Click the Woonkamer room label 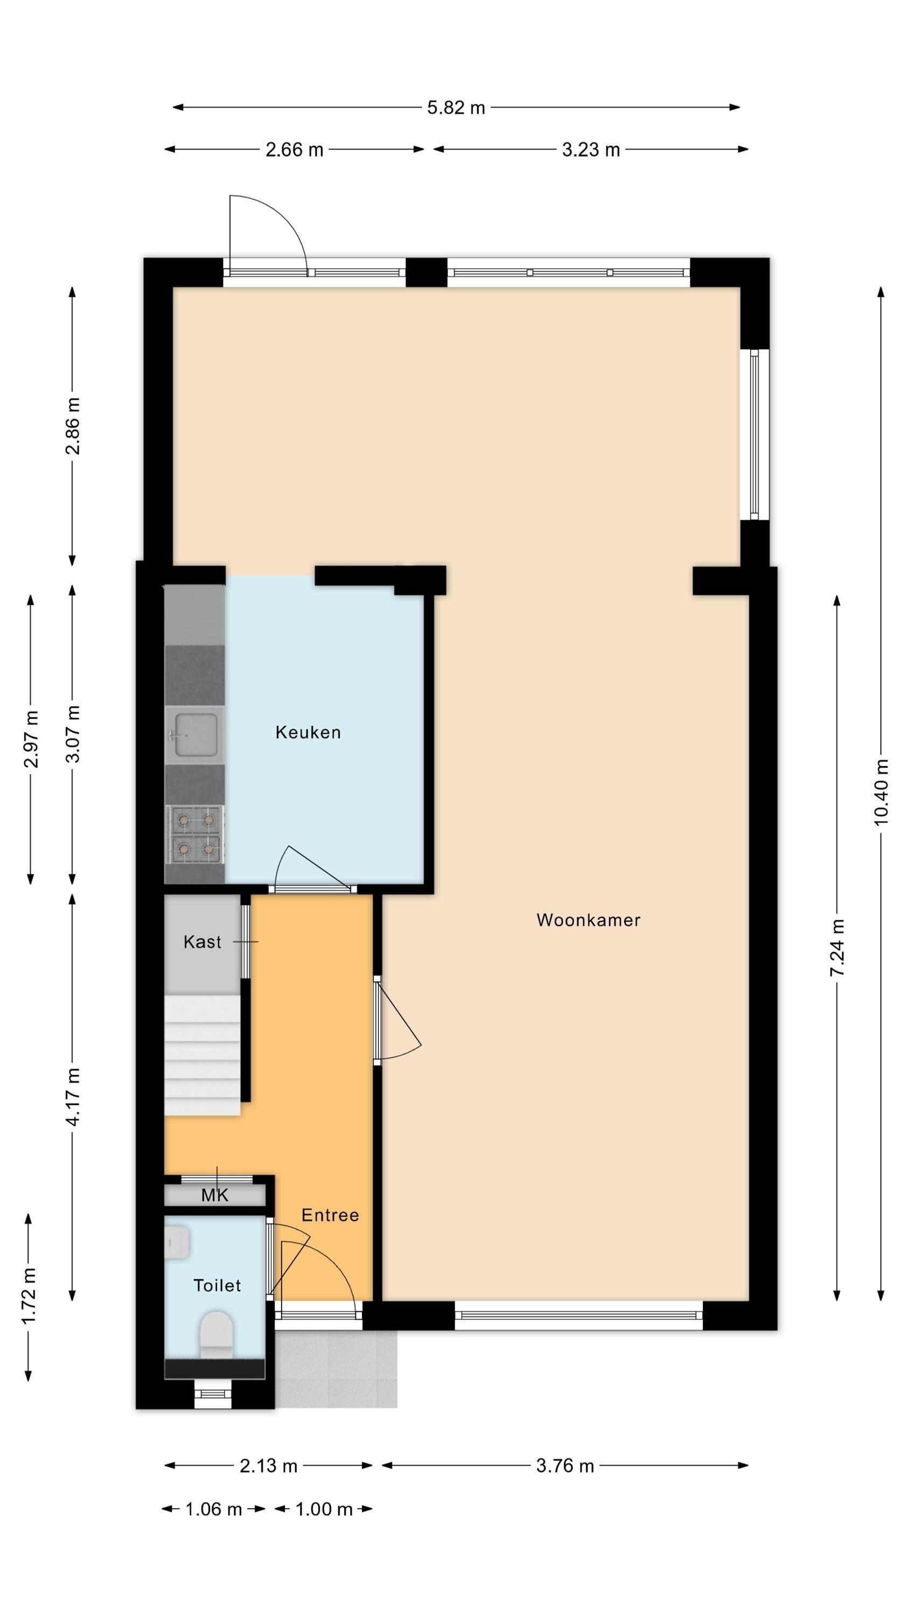click(x=588, y=920)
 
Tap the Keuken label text click(x=308, y=732)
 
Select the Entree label click(x=330, y=1215)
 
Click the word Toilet click(x=217, y=1285)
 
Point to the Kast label click(x=202, y=942)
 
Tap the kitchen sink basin click(x=195, y=735)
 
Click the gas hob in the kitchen click(x=195, y=834)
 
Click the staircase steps click(x=202, y=1055)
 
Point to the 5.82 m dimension click(x=456, y=108)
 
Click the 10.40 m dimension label click(x=882, y=792)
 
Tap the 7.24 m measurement click(x=837, y=948)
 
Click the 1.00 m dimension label click(x=324, y=1509)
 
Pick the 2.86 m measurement click(x=73, y=426)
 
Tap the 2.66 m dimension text click(x=294, y=150)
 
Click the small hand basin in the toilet click(x=177, y=1243)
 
